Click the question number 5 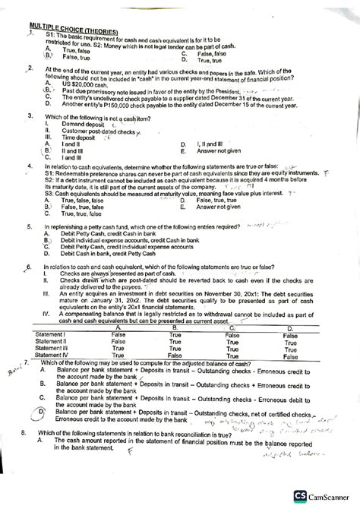(28, 226)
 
